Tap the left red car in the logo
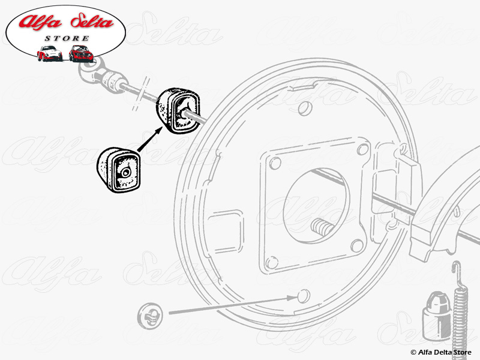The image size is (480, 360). [49, 54]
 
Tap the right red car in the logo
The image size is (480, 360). [81, 54]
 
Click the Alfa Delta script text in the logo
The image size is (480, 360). [67, 23]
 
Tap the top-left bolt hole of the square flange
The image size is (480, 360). [275, 163]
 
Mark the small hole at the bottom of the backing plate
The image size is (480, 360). [302, 296]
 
